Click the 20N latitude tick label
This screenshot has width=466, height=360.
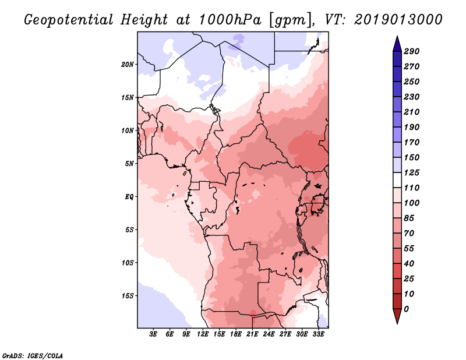pyautogui.click(x=128, y=64)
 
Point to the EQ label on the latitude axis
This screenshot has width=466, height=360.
pyautogui.click(x=129, y=196)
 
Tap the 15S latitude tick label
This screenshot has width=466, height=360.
pyautogui.click(x=128, y=295)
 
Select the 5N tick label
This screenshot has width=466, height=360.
pyautogui.click(x=129, y=163)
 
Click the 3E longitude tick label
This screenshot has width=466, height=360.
pyautogui.click(x=154, y=334)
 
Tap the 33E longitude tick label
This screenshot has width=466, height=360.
pyautogui.click(x=319, y=334)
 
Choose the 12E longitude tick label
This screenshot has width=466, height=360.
pyautogui.click(x=203, y=334)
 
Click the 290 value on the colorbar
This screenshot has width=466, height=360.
pyautogui.click(x=411, y=51)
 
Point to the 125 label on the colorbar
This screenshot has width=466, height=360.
pyautogui.click(x=411, y=172)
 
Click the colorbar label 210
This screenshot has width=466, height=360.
pyautogui.click(x=411, y=112)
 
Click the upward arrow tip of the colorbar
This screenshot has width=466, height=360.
pyautogui.click(x=396, y=38)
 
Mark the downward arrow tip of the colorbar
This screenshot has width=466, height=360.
pyautogui.click(x=396, y=322)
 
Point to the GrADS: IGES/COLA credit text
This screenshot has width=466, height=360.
pyautogui.click(x=33, y=355)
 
